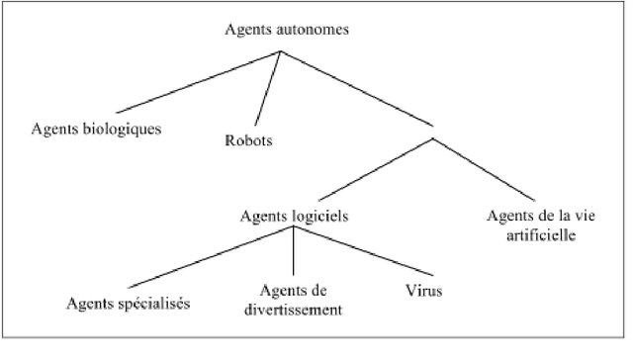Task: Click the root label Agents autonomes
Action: (x=283, y=30)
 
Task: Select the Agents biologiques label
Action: (x=96, y=129)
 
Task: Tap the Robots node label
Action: (x=248, y=139)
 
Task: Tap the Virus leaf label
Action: (x=423, y=293)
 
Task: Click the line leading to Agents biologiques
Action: (x=198, y=81)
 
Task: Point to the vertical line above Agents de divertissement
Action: (x=295, y=252)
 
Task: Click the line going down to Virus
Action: (x=356, y=253)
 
